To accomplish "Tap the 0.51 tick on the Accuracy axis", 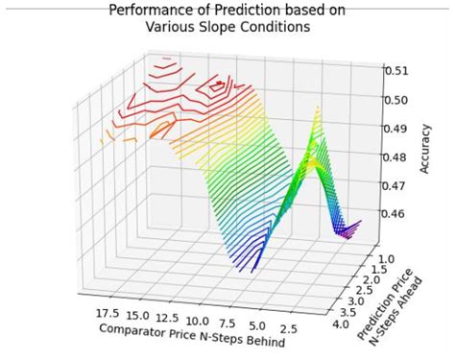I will (397, 70).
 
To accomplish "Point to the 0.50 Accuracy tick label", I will (397, 99).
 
